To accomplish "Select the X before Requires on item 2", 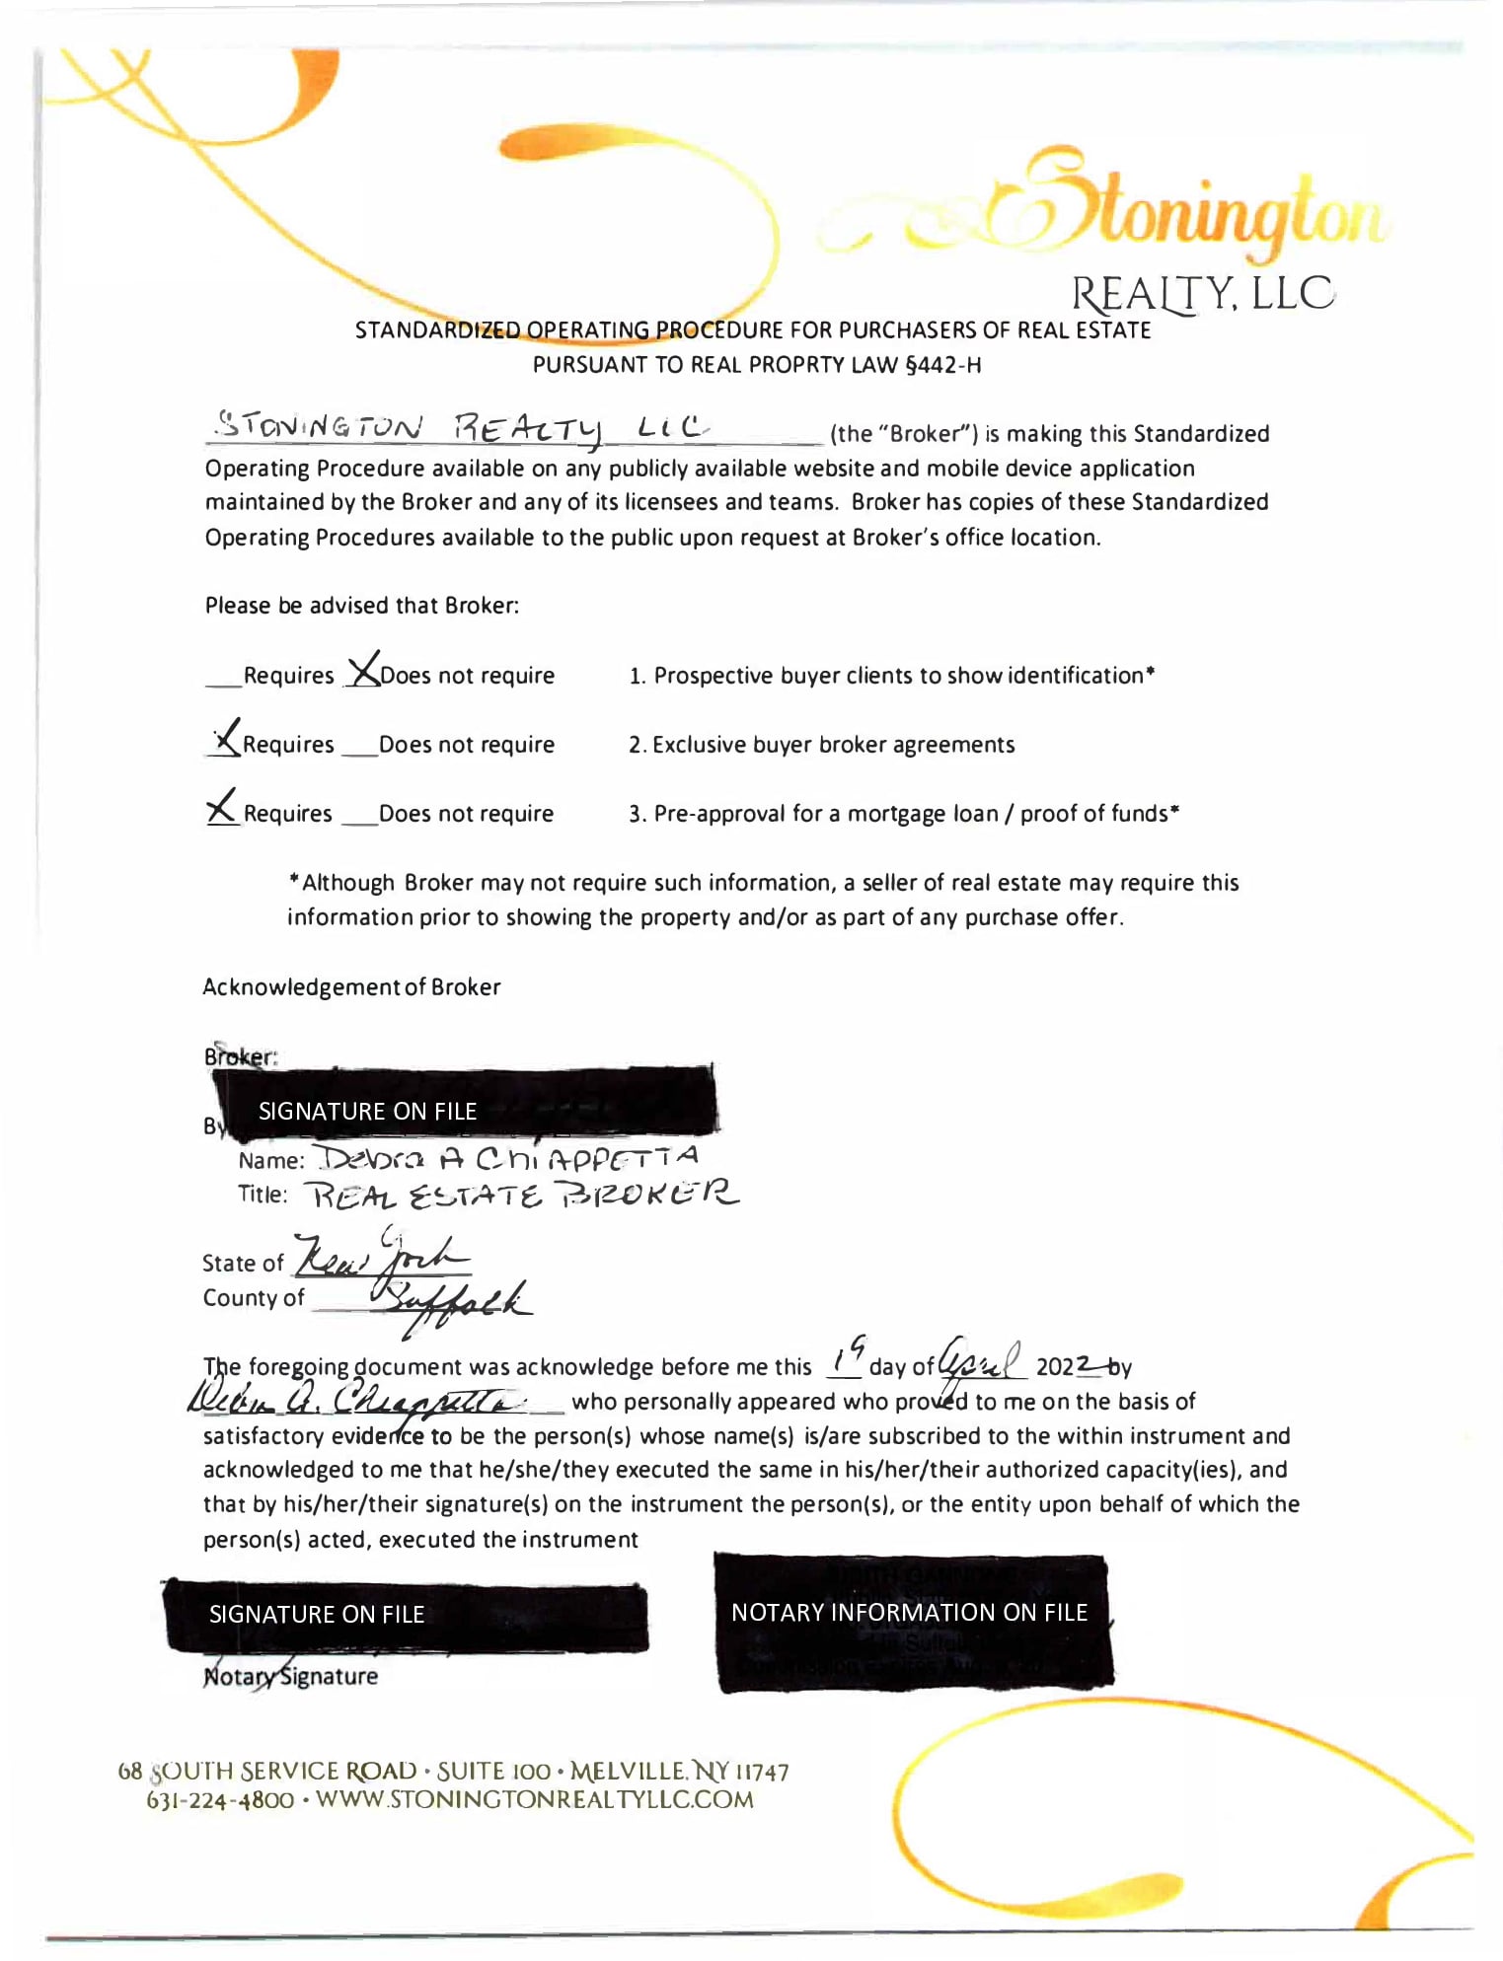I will pyautogui.click(x=226, y=737).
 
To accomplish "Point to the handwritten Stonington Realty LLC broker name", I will pyautogui.click(x=462, y=428).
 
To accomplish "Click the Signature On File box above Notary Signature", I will pyautogui.click(x=405, y=1615).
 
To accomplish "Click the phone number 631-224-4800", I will pyautogui.click(x=220, y=1800).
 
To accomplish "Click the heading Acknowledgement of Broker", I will pyautogui.click(x=351, y=987).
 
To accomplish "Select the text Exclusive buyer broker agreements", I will pyautogui.click(x=833, y=745).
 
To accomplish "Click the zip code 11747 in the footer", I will pyautogui.click(x=761, y=1773).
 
